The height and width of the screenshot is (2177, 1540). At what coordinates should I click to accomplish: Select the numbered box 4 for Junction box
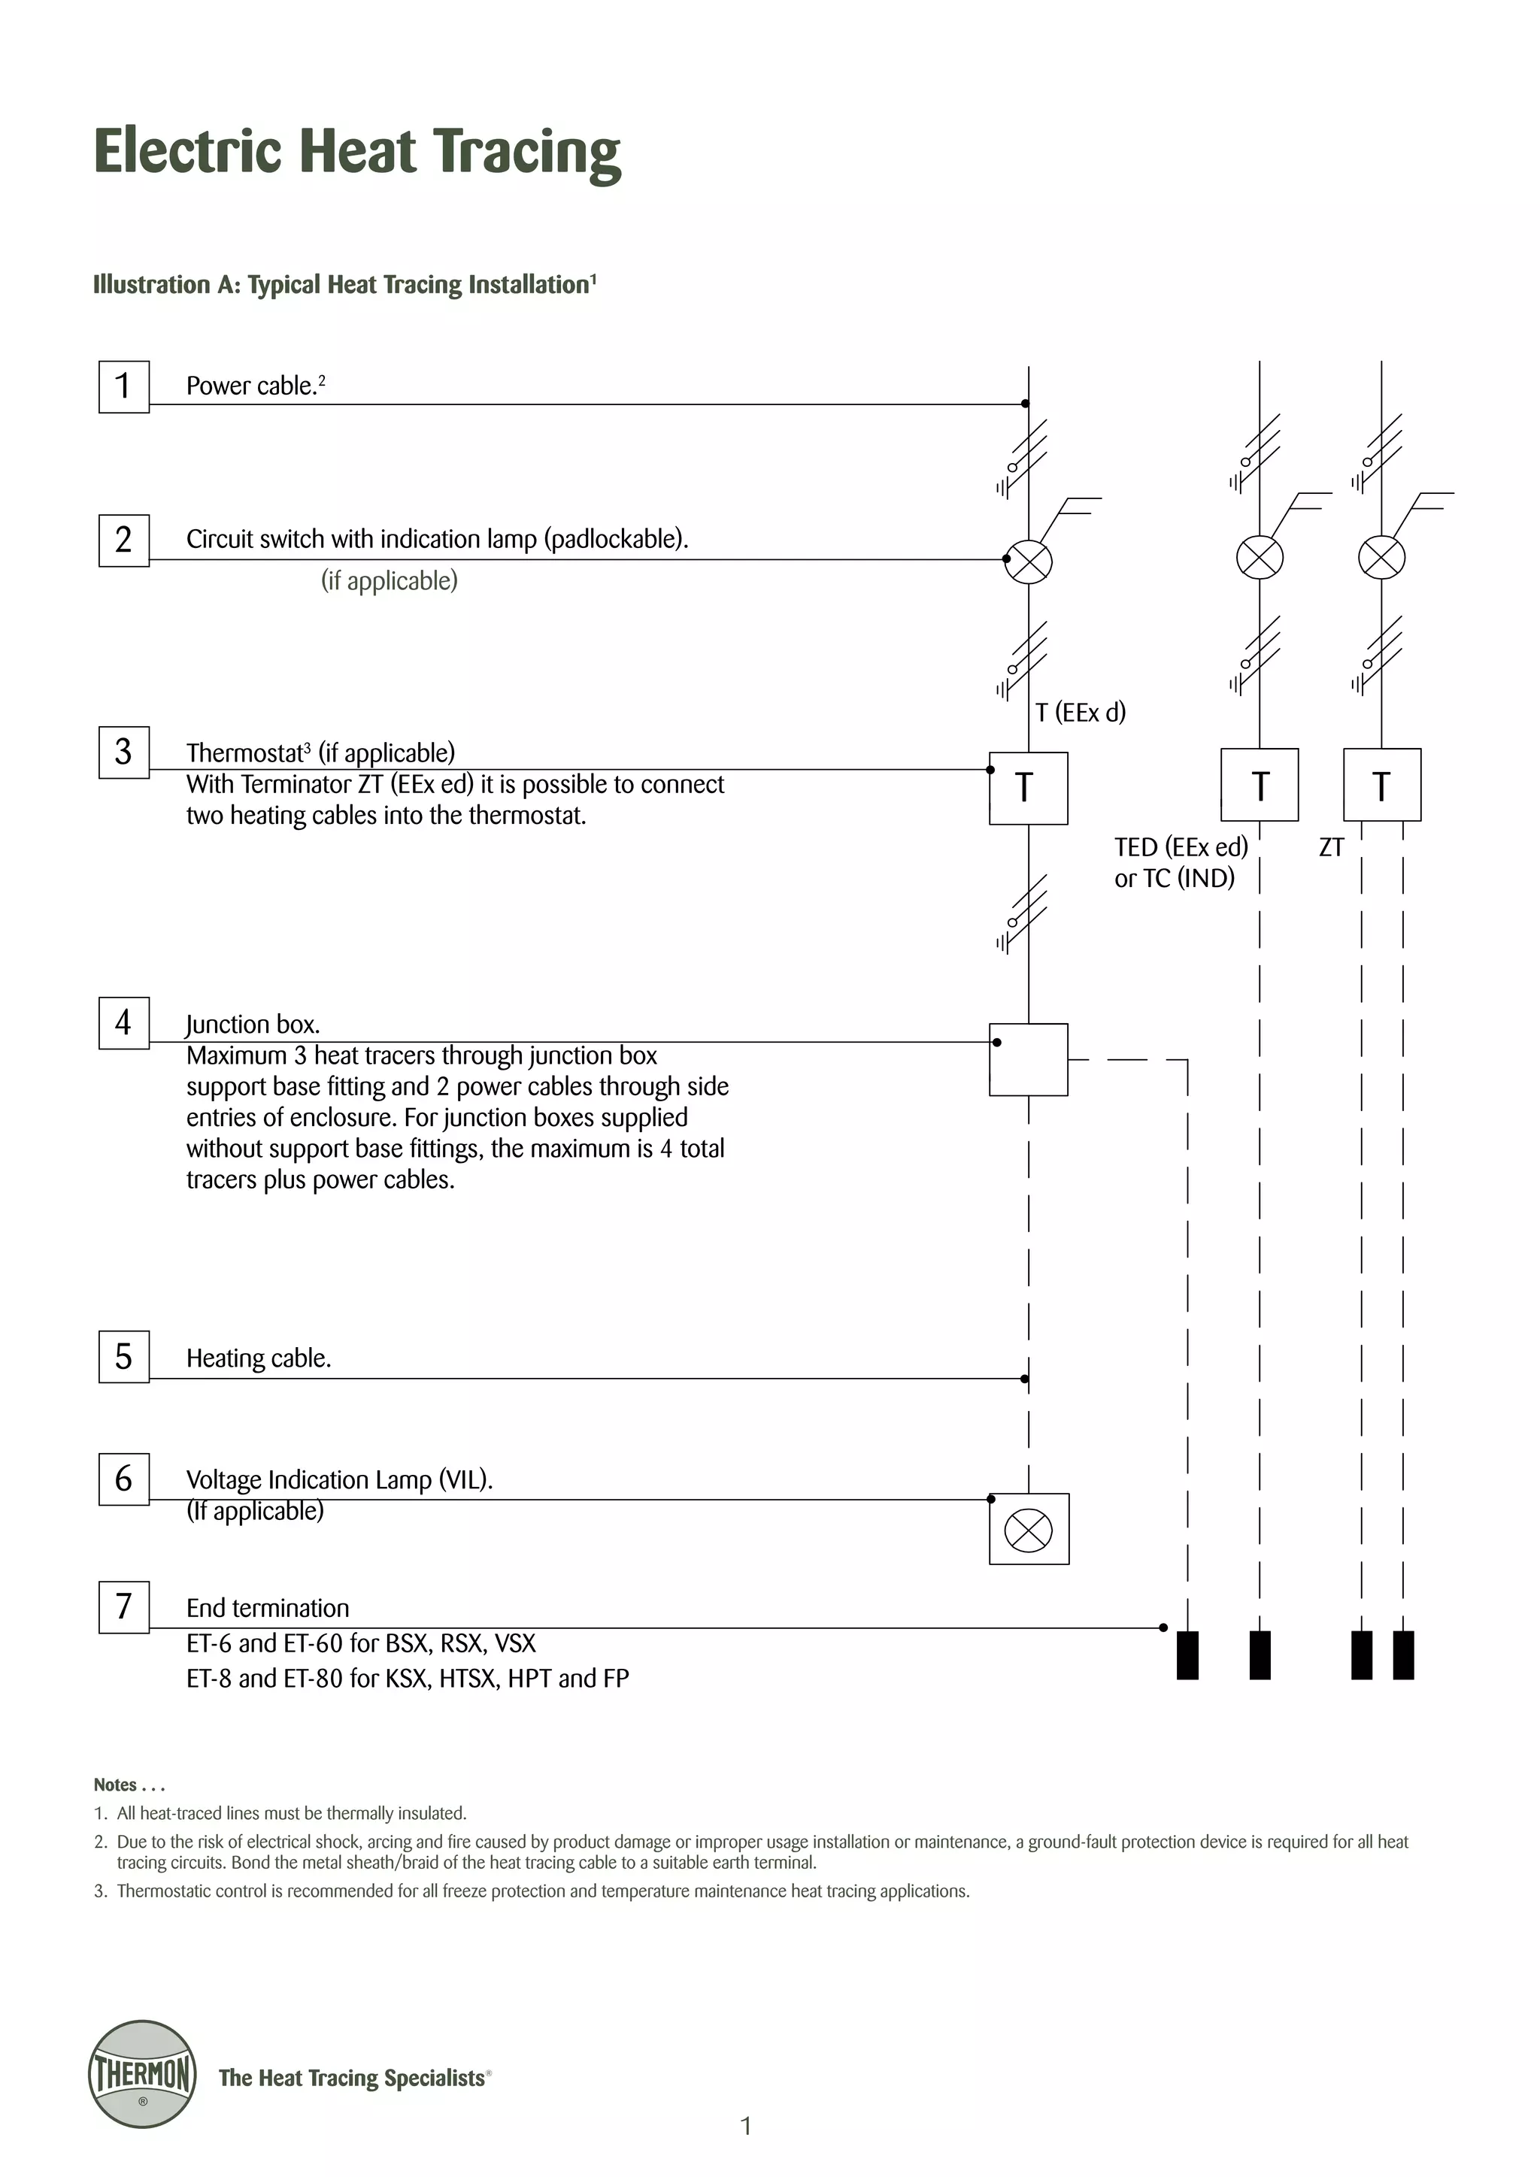[123, 1022]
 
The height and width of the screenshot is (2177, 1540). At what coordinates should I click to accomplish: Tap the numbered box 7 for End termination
[123, 1606]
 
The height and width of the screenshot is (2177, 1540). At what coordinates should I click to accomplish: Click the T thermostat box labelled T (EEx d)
[1028, 788]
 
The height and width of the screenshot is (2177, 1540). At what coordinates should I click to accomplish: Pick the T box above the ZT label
[1381, 785]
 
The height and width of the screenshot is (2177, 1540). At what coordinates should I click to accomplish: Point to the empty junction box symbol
[1028, 1060]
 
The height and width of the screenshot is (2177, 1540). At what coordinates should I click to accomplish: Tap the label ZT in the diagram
[1332, 848]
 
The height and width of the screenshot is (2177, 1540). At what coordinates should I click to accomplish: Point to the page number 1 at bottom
[745, 2126]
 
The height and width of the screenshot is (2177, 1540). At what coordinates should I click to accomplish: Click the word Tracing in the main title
[526, 152]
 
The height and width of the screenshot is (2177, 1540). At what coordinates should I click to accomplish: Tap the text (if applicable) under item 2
[389, 580]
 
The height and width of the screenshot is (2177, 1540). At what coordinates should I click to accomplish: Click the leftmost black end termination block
[1187, 1655]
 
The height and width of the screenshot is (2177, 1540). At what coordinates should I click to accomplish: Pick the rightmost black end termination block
[1403, 1655]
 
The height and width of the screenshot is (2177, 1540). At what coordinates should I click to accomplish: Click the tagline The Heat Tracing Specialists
[353, 2078]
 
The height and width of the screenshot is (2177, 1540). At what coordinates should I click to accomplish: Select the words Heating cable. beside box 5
[258, 1358]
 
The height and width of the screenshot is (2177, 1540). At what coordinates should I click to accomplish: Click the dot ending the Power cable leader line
[1025, 404]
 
